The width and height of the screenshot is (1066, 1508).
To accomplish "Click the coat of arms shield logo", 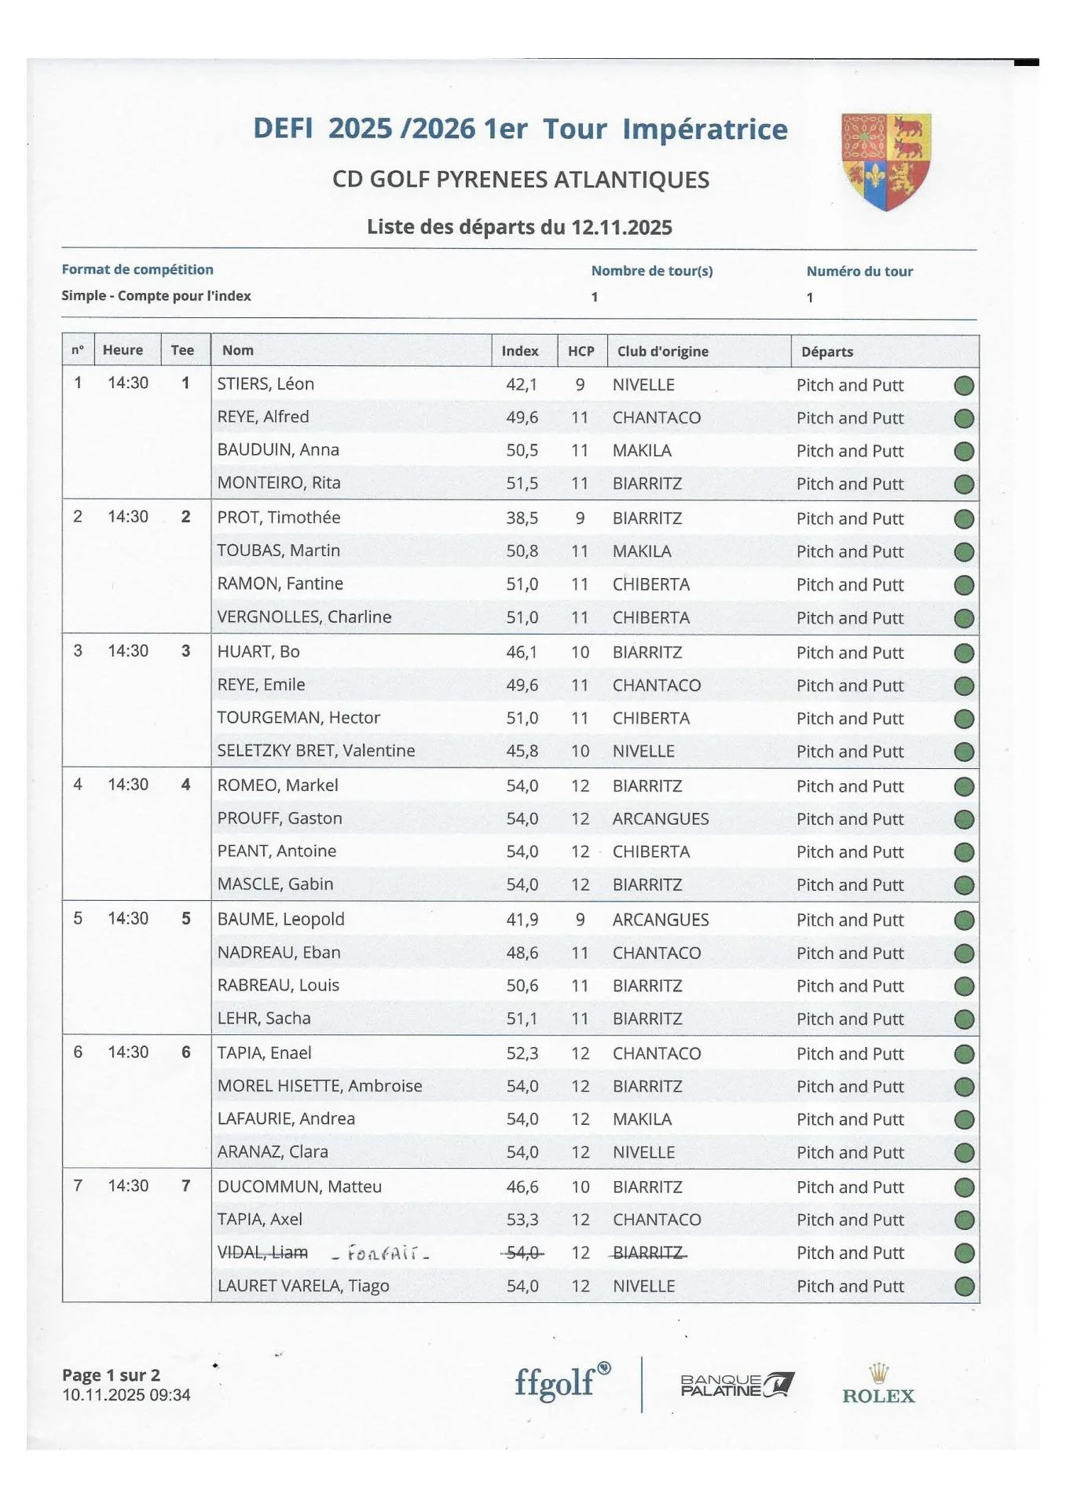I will tap(886, 161).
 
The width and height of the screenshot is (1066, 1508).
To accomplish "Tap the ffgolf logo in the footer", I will tap(562, 1382).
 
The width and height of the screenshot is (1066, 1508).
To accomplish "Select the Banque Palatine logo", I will tap(737, 1385).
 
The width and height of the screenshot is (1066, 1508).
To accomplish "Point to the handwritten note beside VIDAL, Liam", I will tap(380, 1253).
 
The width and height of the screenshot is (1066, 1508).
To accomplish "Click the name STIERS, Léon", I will tap(266, 384).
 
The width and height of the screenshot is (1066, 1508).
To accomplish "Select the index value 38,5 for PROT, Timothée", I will tap(522, 518).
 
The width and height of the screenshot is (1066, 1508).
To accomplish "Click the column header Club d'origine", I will tap(662, 351).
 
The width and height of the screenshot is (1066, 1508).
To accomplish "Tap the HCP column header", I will tap(581, 351).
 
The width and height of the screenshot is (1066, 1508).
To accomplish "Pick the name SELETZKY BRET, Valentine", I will tap(316, 751).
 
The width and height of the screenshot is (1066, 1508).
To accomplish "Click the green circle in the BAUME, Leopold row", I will tap(964, 921).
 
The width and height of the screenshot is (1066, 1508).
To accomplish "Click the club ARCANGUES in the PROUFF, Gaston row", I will tap(661, 818).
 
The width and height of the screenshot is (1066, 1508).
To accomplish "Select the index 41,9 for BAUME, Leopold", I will tap(522, 920).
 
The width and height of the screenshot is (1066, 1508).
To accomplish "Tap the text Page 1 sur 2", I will tap(111, 1375).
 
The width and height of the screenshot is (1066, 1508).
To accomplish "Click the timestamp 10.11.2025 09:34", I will tap(126, 1395).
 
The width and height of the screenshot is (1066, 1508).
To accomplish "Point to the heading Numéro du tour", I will tap(859, 272).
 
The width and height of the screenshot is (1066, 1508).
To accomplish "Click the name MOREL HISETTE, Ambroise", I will tap(320, 1086).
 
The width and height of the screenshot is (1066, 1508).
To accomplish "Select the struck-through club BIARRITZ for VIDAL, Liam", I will tap(647, 1253).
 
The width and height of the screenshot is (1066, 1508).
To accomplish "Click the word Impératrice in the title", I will tap(705, 130).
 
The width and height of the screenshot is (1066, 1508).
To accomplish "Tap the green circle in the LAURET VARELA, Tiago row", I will tap(964, 1287).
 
